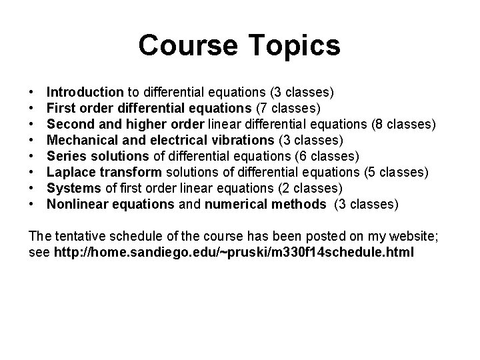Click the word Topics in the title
[x=291, y=46]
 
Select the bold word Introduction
[x=85, y=91]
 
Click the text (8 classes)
[x=405, y=124]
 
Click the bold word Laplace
[x=71, y=172]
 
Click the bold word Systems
[x=73, y=188]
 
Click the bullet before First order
[x=33, y=107]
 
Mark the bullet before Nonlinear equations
[x=33, y=204]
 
